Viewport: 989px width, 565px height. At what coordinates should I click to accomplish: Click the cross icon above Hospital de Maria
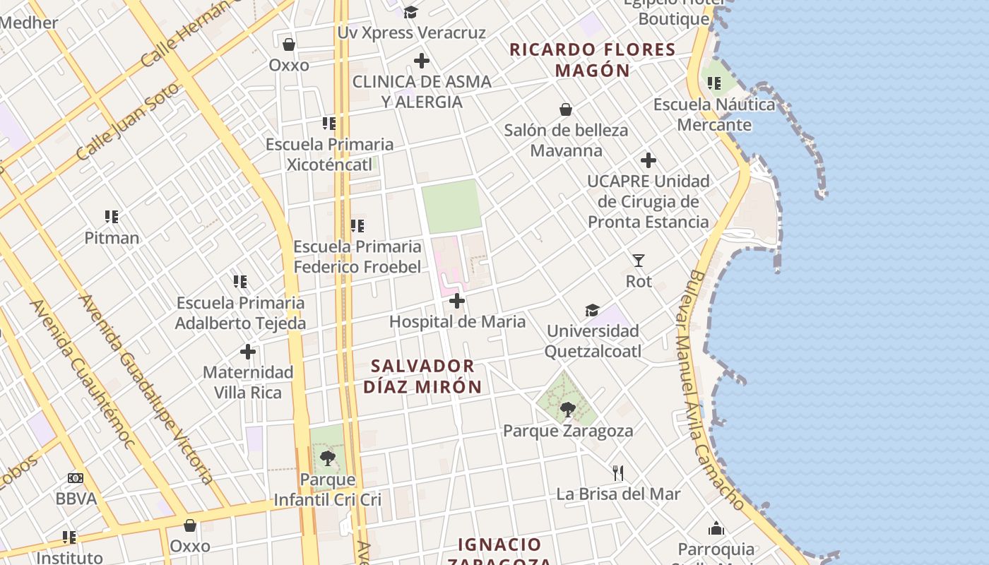[457, 302]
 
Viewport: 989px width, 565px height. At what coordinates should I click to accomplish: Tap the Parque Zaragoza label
[568, 431]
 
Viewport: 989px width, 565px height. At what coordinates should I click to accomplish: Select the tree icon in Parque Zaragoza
[567, 409]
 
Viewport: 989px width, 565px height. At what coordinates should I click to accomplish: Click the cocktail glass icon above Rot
[639, 261]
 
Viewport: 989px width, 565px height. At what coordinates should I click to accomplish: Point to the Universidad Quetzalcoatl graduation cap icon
[592, 311]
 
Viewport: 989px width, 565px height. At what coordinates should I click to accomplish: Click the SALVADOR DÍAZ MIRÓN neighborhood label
[422, 376]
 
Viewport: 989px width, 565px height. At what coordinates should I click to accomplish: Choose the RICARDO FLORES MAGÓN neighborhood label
[592, 60]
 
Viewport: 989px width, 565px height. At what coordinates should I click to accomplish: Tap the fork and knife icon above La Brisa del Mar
[618, 473]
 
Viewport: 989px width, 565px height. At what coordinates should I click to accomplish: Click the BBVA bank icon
[76, 478]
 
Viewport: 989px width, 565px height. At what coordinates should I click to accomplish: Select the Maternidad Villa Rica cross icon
[248, 351]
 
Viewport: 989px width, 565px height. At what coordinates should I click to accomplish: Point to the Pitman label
[112, 238]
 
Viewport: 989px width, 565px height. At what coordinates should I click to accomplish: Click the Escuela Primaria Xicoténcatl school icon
[329, 124]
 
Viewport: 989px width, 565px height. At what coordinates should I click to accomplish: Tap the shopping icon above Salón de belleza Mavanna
[566, 109]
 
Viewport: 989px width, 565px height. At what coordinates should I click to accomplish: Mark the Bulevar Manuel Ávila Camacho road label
[715, 388]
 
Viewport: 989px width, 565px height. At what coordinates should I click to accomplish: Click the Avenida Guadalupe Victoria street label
[147, 388]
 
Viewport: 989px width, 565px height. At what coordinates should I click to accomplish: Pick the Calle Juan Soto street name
[128, 121]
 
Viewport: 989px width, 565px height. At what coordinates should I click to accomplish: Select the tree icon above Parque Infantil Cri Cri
[327, 458]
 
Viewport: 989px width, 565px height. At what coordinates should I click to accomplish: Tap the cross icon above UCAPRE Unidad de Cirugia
[648, 160]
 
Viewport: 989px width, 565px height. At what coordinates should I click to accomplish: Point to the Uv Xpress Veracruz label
[412, 32]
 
